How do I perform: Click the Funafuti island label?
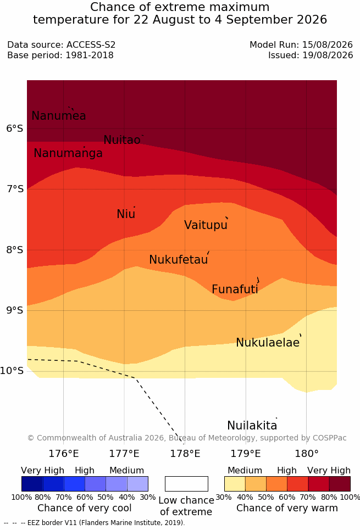[x=235, y=289]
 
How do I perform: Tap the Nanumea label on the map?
[x=58, y=115]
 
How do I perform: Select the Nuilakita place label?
[x=252, y=425]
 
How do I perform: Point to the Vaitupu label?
[x=206, y=225]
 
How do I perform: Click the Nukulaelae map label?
[x=268, y=342]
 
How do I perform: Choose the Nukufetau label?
[x=178, y=260]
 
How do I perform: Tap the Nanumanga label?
[x=68, y=153]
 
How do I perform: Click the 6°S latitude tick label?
[x=15, y=129]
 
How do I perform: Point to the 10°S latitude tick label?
[x=12, y=371]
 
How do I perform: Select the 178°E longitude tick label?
[x=185, y=454]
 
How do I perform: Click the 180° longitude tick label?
[x=307, y=454]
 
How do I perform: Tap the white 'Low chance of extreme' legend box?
[x=186, y=484]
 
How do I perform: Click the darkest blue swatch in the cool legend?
[x=32, y=484]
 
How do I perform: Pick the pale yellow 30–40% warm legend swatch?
[x=235, y=484]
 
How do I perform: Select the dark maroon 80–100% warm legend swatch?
[x=340, y=484]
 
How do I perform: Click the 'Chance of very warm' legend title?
[x=287, y=508]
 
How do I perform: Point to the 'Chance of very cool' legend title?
[x=85, y=508]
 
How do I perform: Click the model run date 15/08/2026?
[x=328, y=44]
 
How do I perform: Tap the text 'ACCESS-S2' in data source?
[x=91, y=44]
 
